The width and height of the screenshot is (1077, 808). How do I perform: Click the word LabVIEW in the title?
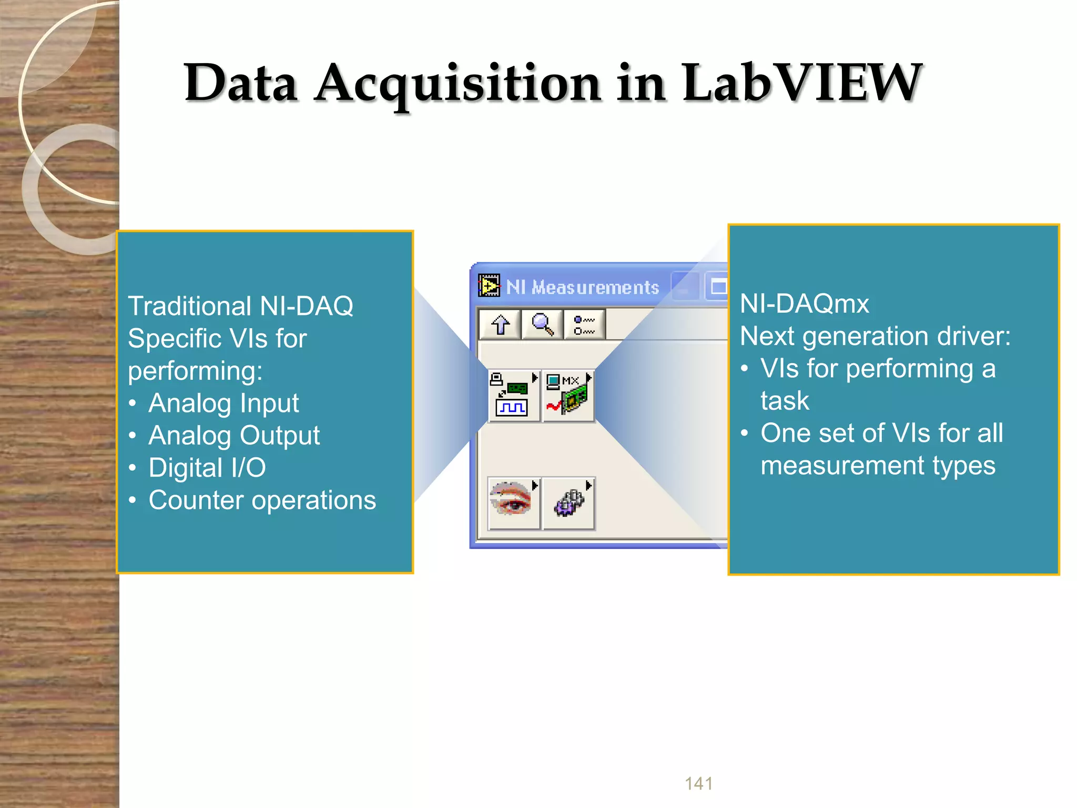click(801, 83)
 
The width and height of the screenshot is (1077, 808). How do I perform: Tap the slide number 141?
click(698, 783)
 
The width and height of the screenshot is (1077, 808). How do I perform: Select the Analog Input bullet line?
click(223, 403)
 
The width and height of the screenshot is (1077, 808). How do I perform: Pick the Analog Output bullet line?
click(234, 436)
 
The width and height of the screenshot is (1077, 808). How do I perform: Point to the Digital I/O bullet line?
click(207, 468)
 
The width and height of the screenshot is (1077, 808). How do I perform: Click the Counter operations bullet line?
click(262, 500)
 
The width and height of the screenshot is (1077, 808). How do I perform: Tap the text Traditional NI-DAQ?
click(240, 306)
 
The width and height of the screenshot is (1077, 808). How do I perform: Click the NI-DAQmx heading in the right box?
click(804, 304)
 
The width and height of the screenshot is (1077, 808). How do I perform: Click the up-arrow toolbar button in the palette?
click(500, 325)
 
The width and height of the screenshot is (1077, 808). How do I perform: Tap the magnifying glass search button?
click(542, 325)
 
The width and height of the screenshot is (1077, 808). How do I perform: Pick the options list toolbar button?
click(584, 325)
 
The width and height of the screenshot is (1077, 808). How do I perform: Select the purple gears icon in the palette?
click(568, 503)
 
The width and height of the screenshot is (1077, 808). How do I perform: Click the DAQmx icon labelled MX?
click(568, 396)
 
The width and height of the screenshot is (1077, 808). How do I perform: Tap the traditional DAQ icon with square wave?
click(513, 396)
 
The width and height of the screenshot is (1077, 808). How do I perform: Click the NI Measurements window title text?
click(582, 287)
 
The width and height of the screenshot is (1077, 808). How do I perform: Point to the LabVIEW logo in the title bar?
click(489, 286)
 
